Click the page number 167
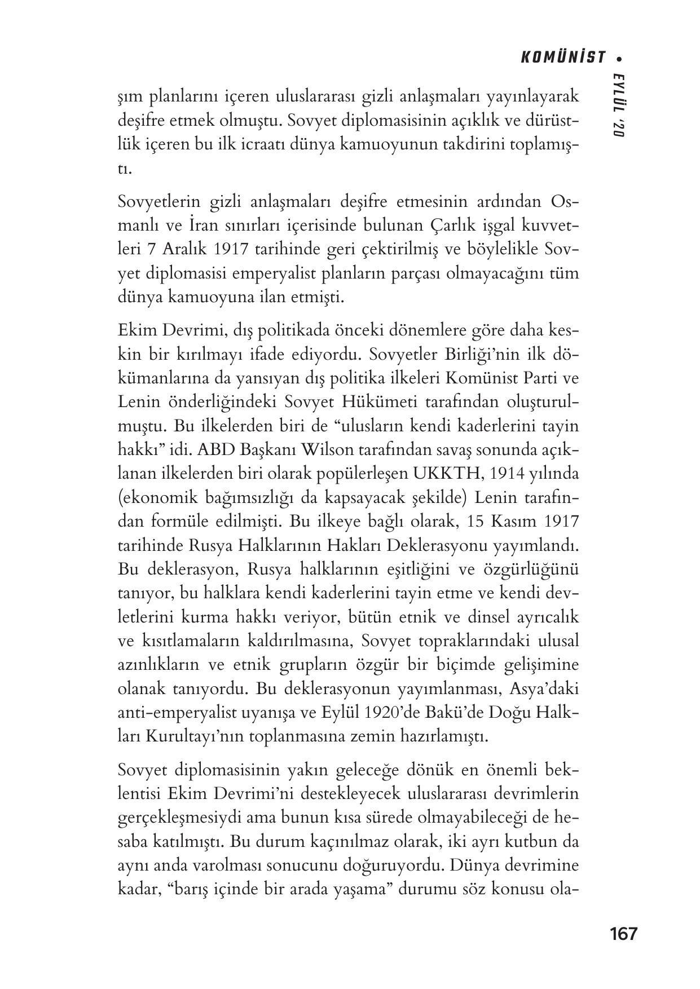point(623,934)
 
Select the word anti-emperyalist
point(171,713)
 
